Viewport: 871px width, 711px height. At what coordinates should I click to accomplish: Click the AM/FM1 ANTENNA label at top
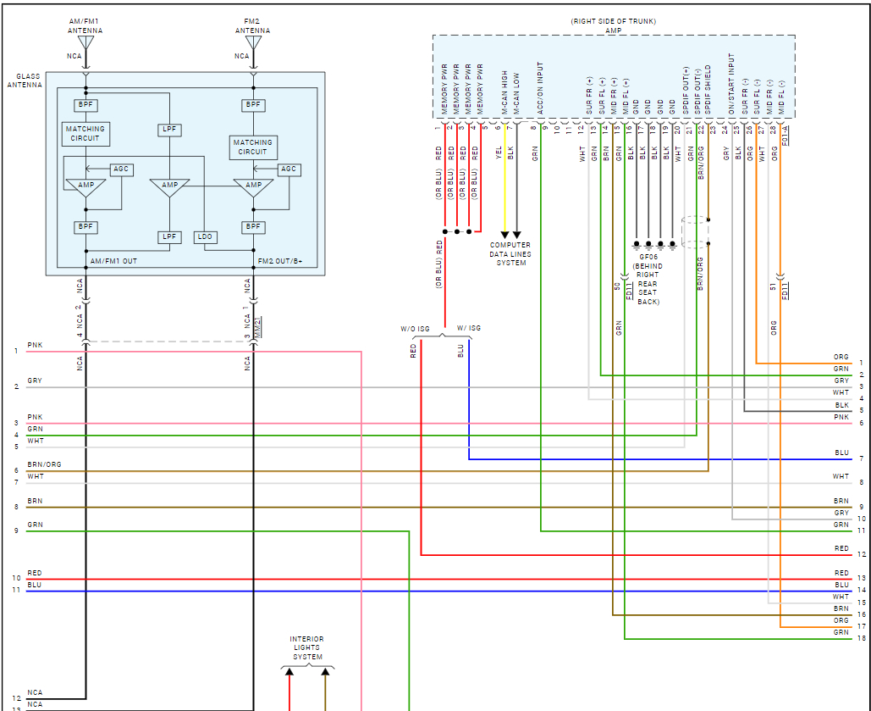85,25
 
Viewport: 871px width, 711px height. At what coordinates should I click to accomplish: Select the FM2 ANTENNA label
252,25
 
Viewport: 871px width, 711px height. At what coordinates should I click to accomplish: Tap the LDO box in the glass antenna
204,236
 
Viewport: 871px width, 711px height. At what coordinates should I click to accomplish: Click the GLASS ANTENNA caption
22,81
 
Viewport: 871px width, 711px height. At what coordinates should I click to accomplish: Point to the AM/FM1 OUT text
113,261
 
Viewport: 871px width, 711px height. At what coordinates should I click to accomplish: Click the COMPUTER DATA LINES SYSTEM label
510,253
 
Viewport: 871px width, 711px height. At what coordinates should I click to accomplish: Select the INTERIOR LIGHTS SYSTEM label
307,648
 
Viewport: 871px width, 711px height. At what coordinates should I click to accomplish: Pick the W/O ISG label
416,329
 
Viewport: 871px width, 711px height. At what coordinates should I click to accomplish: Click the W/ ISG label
468,329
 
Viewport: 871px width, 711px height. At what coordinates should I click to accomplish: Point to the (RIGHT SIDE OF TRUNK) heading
615,20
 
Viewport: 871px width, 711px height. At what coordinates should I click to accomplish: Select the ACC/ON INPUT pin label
538,87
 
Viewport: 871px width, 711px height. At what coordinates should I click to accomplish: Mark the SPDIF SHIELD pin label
708,89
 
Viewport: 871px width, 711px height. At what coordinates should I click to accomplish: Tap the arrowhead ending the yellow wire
505,235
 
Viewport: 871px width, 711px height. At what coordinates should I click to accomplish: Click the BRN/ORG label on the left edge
44,464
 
